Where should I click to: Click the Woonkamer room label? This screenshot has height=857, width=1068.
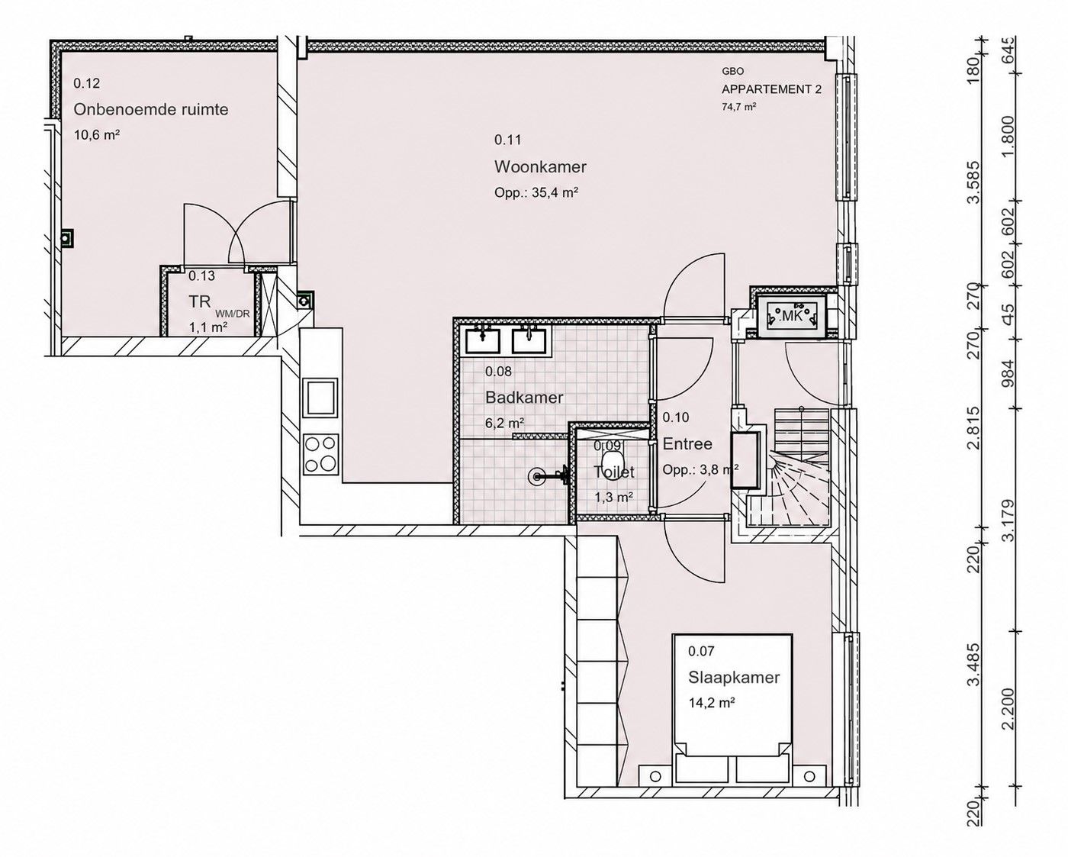tap(540, 167)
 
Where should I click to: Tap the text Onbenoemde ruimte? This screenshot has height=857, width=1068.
tap(151, 109)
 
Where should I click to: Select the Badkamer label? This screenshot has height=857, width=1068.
tap(524, 398)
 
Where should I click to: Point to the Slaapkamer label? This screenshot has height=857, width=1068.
tap(734, 678)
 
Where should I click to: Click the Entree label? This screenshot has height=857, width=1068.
tap(687, 443)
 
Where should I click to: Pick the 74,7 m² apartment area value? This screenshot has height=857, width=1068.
tap(739, 106)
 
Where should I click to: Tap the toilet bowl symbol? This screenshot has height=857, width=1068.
tap(611, 464)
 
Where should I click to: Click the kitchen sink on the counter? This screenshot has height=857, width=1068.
tap(320, 397)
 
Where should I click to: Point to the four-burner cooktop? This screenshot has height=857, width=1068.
tap(320, 454)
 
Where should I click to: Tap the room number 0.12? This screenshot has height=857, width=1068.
tap(86, 83)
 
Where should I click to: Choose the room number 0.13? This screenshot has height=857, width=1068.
tap(201, 276)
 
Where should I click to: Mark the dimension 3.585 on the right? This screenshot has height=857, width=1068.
tap(975, 182)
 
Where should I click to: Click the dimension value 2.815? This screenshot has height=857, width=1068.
tap(975, 427)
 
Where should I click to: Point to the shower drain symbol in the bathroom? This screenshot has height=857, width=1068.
tap(535, 476)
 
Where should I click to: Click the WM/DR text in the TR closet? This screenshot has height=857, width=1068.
tap(232, 314)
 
